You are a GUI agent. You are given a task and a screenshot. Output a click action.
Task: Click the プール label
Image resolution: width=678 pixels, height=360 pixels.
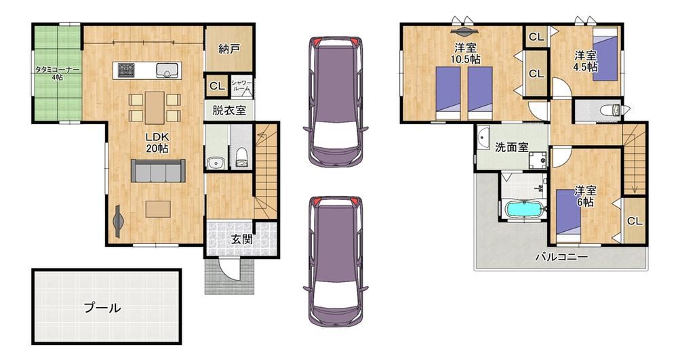pos(102,308)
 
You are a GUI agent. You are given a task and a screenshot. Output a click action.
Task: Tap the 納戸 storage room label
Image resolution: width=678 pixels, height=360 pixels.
pos(229,49)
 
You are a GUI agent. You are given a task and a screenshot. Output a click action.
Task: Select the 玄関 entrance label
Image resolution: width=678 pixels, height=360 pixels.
pos(241,239)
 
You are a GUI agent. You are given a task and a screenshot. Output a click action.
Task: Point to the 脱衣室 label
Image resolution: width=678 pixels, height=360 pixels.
pos(228,111)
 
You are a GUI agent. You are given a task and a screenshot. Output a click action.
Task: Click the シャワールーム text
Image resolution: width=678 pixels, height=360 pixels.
pos(241,85)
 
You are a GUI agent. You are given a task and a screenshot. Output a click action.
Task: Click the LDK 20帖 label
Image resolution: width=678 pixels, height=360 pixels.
pos(157,142)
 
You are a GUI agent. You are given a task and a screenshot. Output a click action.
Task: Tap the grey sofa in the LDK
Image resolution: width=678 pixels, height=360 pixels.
pos(158,171)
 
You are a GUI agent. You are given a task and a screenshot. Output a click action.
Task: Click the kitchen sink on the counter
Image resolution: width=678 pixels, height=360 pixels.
pos(166,70)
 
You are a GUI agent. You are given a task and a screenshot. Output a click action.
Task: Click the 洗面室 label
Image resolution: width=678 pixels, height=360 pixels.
pos(511,147)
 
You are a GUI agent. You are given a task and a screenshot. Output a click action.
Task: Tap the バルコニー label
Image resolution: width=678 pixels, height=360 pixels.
pos(561,257)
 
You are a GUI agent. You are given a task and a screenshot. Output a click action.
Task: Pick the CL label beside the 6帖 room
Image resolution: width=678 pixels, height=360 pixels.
pos(635,221)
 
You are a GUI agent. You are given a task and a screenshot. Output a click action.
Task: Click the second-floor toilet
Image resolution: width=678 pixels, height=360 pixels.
pos(612,111)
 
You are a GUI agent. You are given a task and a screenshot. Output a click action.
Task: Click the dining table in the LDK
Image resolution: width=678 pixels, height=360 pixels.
pos(155,108)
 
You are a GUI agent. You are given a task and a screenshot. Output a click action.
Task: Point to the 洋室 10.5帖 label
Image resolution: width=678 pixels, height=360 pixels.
pos(465,54)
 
